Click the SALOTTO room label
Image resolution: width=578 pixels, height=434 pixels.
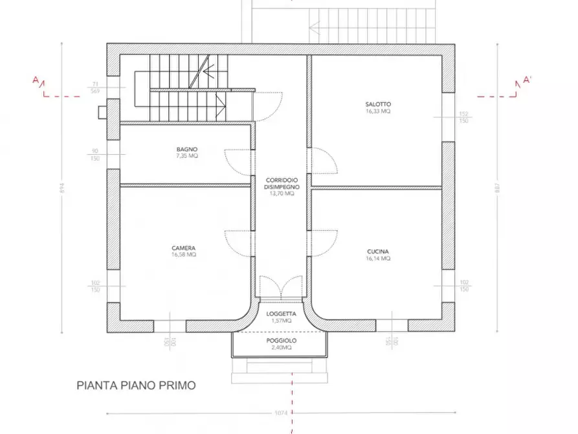[378, 104]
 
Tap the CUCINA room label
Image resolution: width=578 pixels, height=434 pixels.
[378, 251]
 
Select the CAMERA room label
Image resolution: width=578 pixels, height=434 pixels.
[184, 248]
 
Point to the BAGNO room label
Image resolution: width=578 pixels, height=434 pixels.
[187, 149]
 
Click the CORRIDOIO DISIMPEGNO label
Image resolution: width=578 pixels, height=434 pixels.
[281, 183]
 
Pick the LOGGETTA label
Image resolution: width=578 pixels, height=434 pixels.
[281, 314]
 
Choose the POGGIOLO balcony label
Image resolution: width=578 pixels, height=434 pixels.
[281, 341]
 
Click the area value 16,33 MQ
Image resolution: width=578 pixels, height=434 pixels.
[378, 111]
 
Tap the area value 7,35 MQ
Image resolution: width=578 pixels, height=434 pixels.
[187, 156]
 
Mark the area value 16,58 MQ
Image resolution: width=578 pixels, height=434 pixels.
[184, 255]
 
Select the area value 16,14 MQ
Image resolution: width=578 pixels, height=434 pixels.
[378, 258]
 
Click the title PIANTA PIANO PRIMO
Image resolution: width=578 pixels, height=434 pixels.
[136, 385]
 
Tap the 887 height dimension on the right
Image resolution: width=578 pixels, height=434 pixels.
[497, 186]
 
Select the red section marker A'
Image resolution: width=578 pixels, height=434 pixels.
[526, 81]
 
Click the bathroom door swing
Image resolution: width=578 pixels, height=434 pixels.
[238, 163]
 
